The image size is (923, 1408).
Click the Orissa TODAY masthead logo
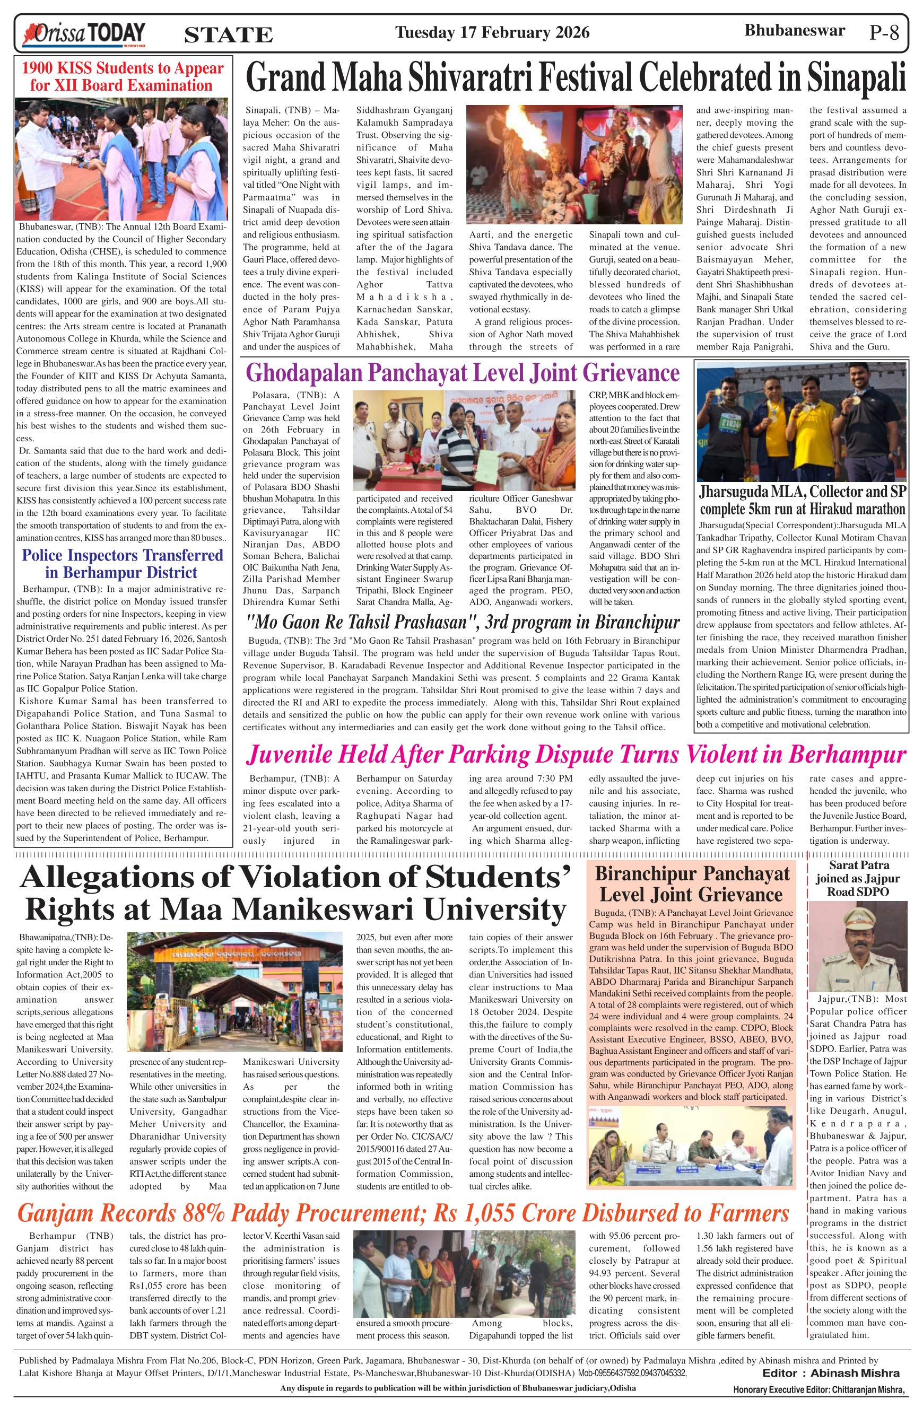point(83,34)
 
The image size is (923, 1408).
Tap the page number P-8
point(884,32)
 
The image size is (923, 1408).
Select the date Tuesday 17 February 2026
point(492,32)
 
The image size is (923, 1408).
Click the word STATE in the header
point(229,36)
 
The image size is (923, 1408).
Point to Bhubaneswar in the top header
point(794,31)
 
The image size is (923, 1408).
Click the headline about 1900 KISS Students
point(123,76)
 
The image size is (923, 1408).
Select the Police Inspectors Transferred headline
point(123,563)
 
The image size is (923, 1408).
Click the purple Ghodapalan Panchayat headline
point(462,373)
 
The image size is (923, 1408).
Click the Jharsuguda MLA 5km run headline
point(802,501)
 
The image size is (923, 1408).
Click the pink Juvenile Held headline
point(576,754)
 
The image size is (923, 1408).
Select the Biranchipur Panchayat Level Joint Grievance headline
point(692,884)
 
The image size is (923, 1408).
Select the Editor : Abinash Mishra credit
point(831,1373)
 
